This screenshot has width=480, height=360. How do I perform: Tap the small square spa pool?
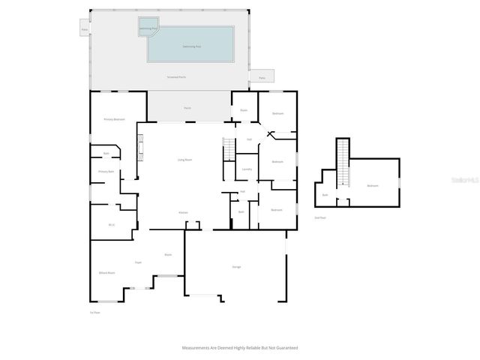(x=148, y=28)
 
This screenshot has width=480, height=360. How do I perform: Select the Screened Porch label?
(x=177, y=76)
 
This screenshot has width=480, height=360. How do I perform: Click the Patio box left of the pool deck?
(x=85, y=31)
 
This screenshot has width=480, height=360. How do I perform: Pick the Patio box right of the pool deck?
(x=262, y=76)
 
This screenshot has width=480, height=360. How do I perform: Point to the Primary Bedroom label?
(x=114, y=119)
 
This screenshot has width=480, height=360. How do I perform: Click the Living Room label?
(x=184, y=159)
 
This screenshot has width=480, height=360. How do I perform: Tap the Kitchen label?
(x=183, y=212)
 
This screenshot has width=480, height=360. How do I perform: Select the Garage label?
(x=236, y=266)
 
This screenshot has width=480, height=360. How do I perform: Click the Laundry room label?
(x=247, y=169)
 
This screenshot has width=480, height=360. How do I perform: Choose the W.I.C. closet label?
(x=112, y=224)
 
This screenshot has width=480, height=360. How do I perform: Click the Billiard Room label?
(x=106, y=272)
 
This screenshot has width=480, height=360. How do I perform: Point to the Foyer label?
(x=138, y=262)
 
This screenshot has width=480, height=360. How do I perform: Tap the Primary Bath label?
(x=106, y=172)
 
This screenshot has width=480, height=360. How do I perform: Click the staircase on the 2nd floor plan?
(x=343, y=163)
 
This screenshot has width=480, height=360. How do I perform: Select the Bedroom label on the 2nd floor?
(x=372, y=185)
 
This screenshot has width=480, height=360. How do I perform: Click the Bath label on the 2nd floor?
(x=325, y=194)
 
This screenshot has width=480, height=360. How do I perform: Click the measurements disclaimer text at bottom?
(x=239, y=348)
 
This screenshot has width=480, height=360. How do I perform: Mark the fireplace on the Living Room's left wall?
(x=139, y=145)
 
